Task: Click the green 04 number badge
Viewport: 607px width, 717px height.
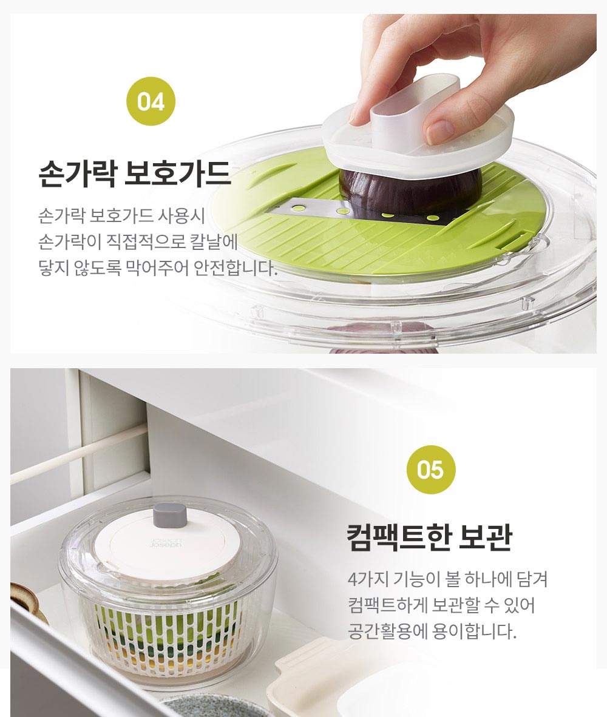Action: point(151,101)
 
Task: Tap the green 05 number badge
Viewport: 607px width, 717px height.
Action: point(430,470)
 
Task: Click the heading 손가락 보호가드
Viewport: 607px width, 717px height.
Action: point(135,173)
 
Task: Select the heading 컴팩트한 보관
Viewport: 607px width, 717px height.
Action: point(429,537)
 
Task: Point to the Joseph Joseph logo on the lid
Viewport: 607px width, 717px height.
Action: point(166,542)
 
